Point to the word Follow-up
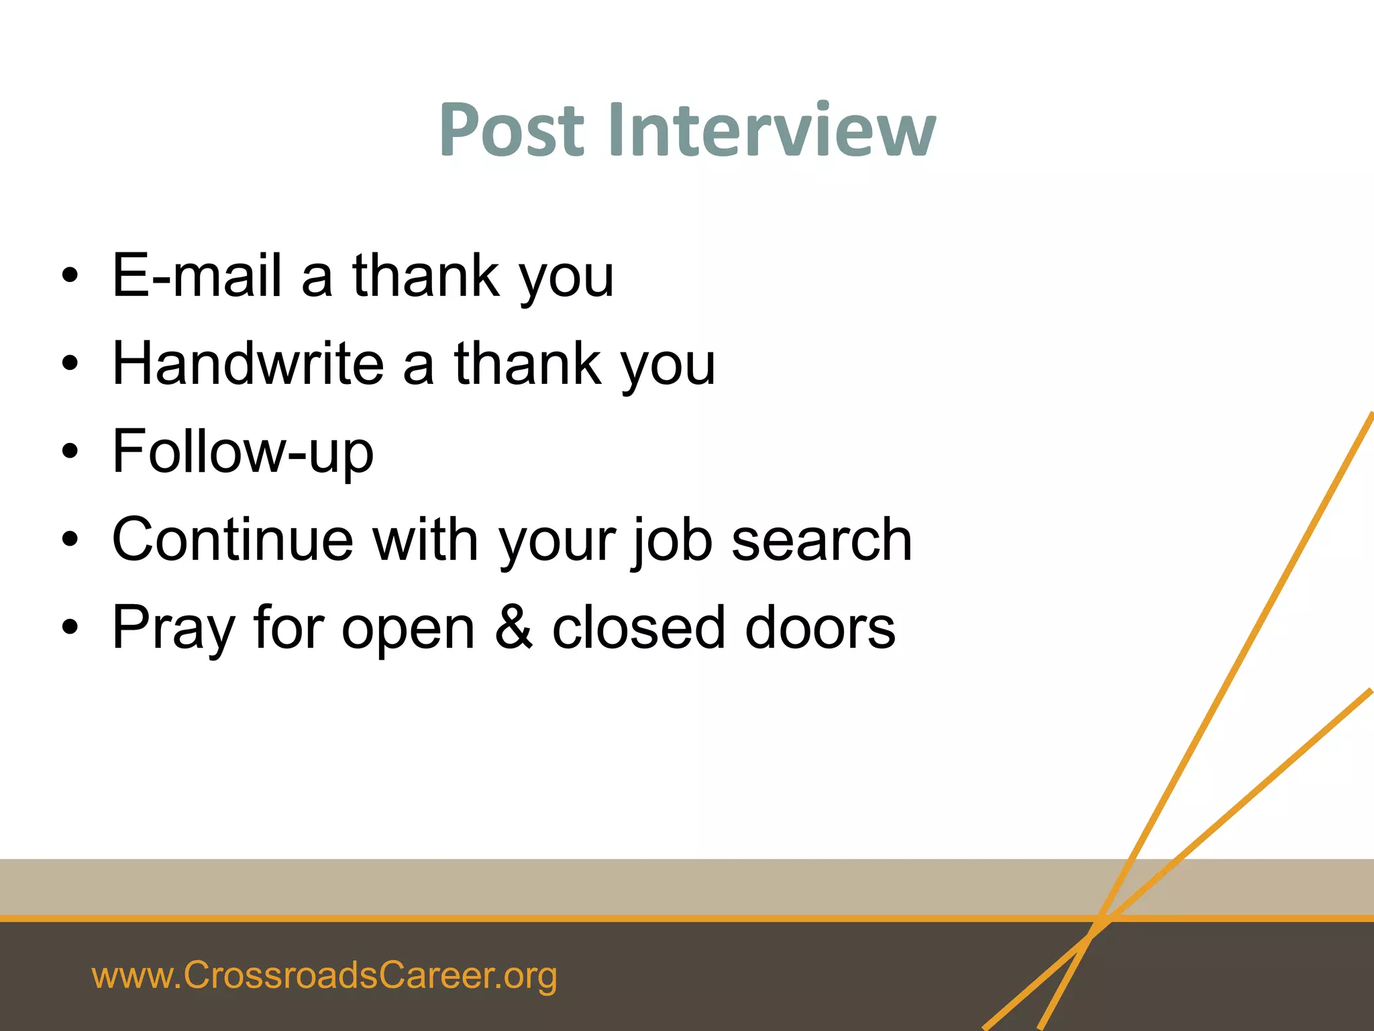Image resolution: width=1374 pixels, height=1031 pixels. pyautogui.click(x=243, y=452)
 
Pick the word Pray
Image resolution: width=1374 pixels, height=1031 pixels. pyautogui.click(x=174, y=628)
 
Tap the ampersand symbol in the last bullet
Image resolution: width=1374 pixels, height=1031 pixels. pyautogui.click(x=514, y=627)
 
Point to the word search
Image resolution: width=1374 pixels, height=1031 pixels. pyautogui.click(x=822, y=540)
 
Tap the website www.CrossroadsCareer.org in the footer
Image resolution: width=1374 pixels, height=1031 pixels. pyautogui.click(x=324, y=975)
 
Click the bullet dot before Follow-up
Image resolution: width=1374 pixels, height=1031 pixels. pyautogui.click(x=70, y=452)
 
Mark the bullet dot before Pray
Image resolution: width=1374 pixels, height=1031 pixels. pyautogui.click(x=70, y=628)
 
